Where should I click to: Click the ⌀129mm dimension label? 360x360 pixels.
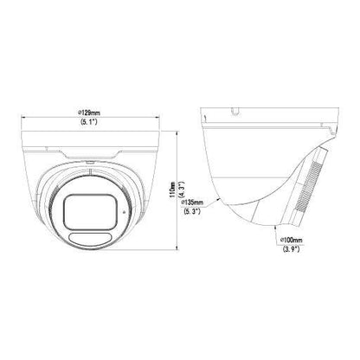pyautogui.click(x=90, y=112)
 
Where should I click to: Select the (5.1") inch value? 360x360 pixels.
pyautogui.click(x=89, y=121)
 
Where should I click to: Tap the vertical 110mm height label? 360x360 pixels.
pyautogui.click(x=172, y=190)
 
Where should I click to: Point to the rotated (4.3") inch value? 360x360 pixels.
pyautogui.click(x=182, y=190)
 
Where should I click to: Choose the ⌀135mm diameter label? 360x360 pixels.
pyautogui.click(x=192, y=202)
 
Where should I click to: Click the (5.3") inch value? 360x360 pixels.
pyautogui.click(x=192, y=211)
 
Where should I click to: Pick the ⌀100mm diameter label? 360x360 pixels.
pyautogui.click(x=292, y=240)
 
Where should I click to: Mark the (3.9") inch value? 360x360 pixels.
pyautogui.click(x=292, y=249)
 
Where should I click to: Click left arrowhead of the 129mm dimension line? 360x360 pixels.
pyautogui.click(x=23, y=117)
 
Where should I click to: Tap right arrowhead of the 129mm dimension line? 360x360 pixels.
pyautogui.click(x=157, y=117)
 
